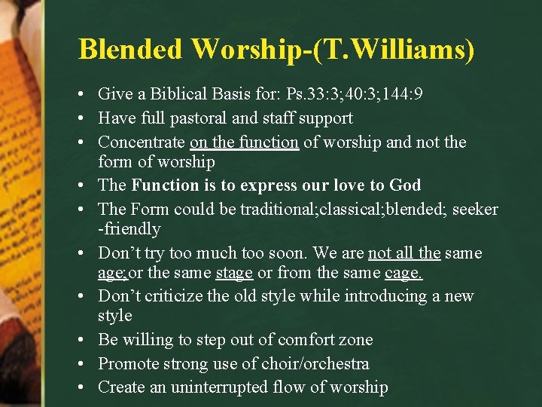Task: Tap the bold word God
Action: (406, 185)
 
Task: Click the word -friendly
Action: (129, 228)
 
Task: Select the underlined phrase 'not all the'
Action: (403, 252)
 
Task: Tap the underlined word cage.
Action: (403, 272)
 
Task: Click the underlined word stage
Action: (233, 272)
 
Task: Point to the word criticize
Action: (169, 296)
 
